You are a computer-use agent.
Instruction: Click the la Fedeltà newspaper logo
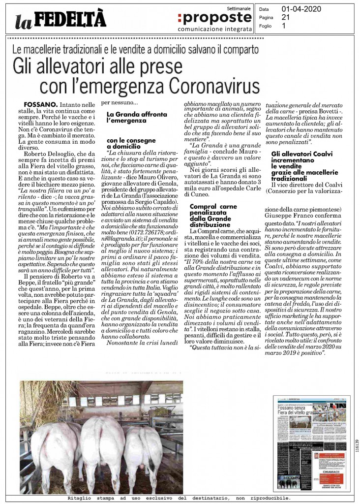[60, 19]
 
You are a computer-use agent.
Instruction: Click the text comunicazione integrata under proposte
[212, 28]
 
